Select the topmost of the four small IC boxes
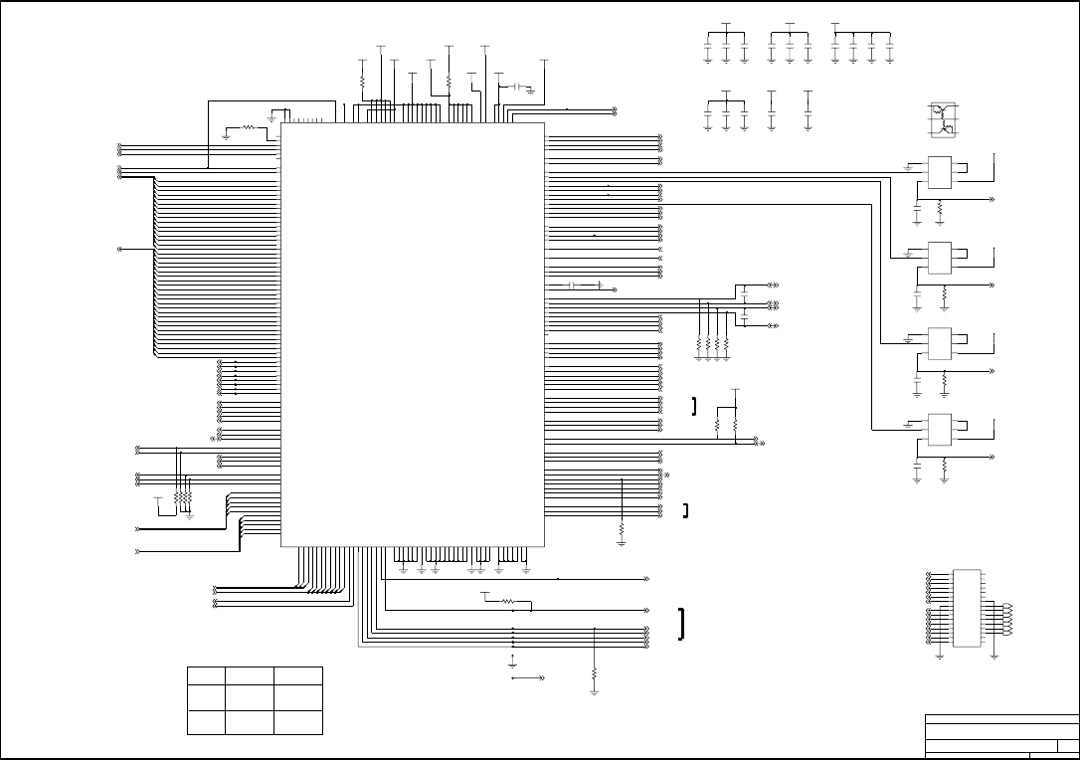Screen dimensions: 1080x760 (x=939, y=173)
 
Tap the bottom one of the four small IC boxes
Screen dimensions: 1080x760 (x=939, y=429)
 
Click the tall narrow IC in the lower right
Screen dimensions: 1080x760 (x=966, y=608)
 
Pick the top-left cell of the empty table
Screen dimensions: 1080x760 (x=206, y=675)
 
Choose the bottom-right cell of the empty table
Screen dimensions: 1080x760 (x=298, y=722)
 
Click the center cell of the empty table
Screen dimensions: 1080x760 (x=251, y=697)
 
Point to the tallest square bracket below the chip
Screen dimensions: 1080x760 (x=682, y=624)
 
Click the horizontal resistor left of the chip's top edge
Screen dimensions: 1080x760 (x=247, y=127)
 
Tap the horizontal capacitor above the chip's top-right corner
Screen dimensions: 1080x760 (x=516, y=88)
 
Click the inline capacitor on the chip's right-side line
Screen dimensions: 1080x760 (x=572, y=286)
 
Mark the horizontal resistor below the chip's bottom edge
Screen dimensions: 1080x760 (x=508, y=601)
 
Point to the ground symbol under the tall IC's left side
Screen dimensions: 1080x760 (x=940, y=656)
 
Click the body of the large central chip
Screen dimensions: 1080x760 (x=413, y=333)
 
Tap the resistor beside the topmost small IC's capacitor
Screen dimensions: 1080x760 (x=940, y=210)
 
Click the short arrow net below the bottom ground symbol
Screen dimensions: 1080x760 (x=528, y=677)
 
